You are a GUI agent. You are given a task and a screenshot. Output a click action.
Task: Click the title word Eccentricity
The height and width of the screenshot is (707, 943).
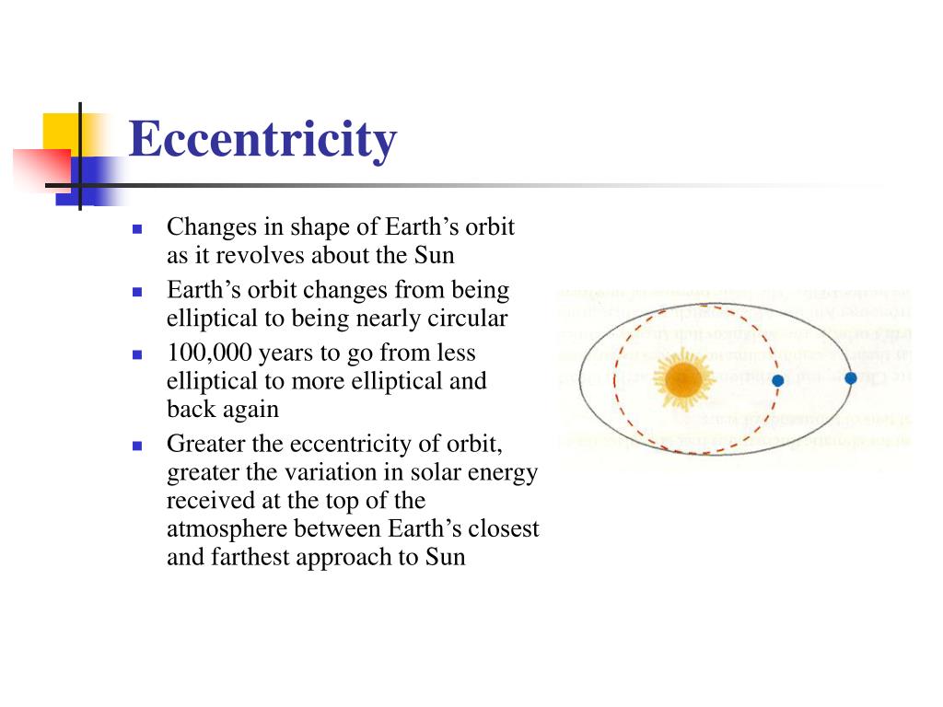[262, 141]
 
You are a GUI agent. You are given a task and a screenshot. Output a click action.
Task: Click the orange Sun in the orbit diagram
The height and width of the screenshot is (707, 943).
[682, 379]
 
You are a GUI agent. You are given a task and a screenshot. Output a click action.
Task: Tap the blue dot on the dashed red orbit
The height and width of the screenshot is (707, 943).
[777, 380]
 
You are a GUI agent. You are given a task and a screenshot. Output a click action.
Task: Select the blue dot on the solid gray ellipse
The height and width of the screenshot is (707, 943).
[850, 377]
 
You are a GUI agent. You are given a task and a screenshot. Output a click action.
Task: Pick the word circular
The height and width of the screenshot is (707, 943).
[469, 319]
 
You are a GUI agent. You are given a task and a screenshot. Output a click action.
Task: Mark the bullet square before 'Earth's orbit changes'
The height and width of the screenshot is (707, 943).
[136, 291]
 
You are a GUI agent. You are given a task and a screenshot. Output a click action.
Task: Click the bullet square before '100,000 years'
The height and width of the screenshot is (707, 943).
[136, 353]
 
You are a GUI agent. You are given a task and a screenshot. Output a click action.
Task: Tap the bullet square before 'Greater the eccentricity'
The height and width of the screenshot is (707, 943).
[136, 445]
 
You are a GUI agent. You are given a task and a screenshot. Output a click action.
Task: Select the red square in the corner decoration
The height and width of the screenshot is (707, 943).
[41, 167]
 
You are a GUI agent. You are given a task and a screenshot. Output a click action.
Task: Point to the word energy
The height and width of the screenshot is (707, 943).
[505, 472]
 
